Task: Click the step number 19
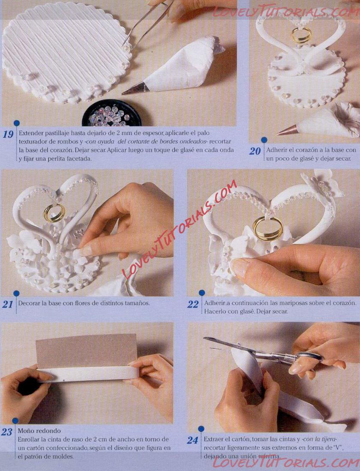[8, 134]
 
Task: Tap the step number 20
[255, 151]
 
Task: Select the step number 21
[8, 304]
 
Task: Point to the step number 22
[193, 304]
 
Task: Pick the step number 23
[6, 432]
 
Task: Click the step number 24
[193, 441]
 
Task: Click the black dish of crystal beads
[111, 113]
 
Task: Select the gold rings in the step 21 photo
[54, 213]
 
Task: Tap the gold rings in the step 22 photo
[267, 229]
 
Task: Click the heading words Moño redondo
[39, 430]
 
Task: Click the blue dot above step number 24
[201, 429]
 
